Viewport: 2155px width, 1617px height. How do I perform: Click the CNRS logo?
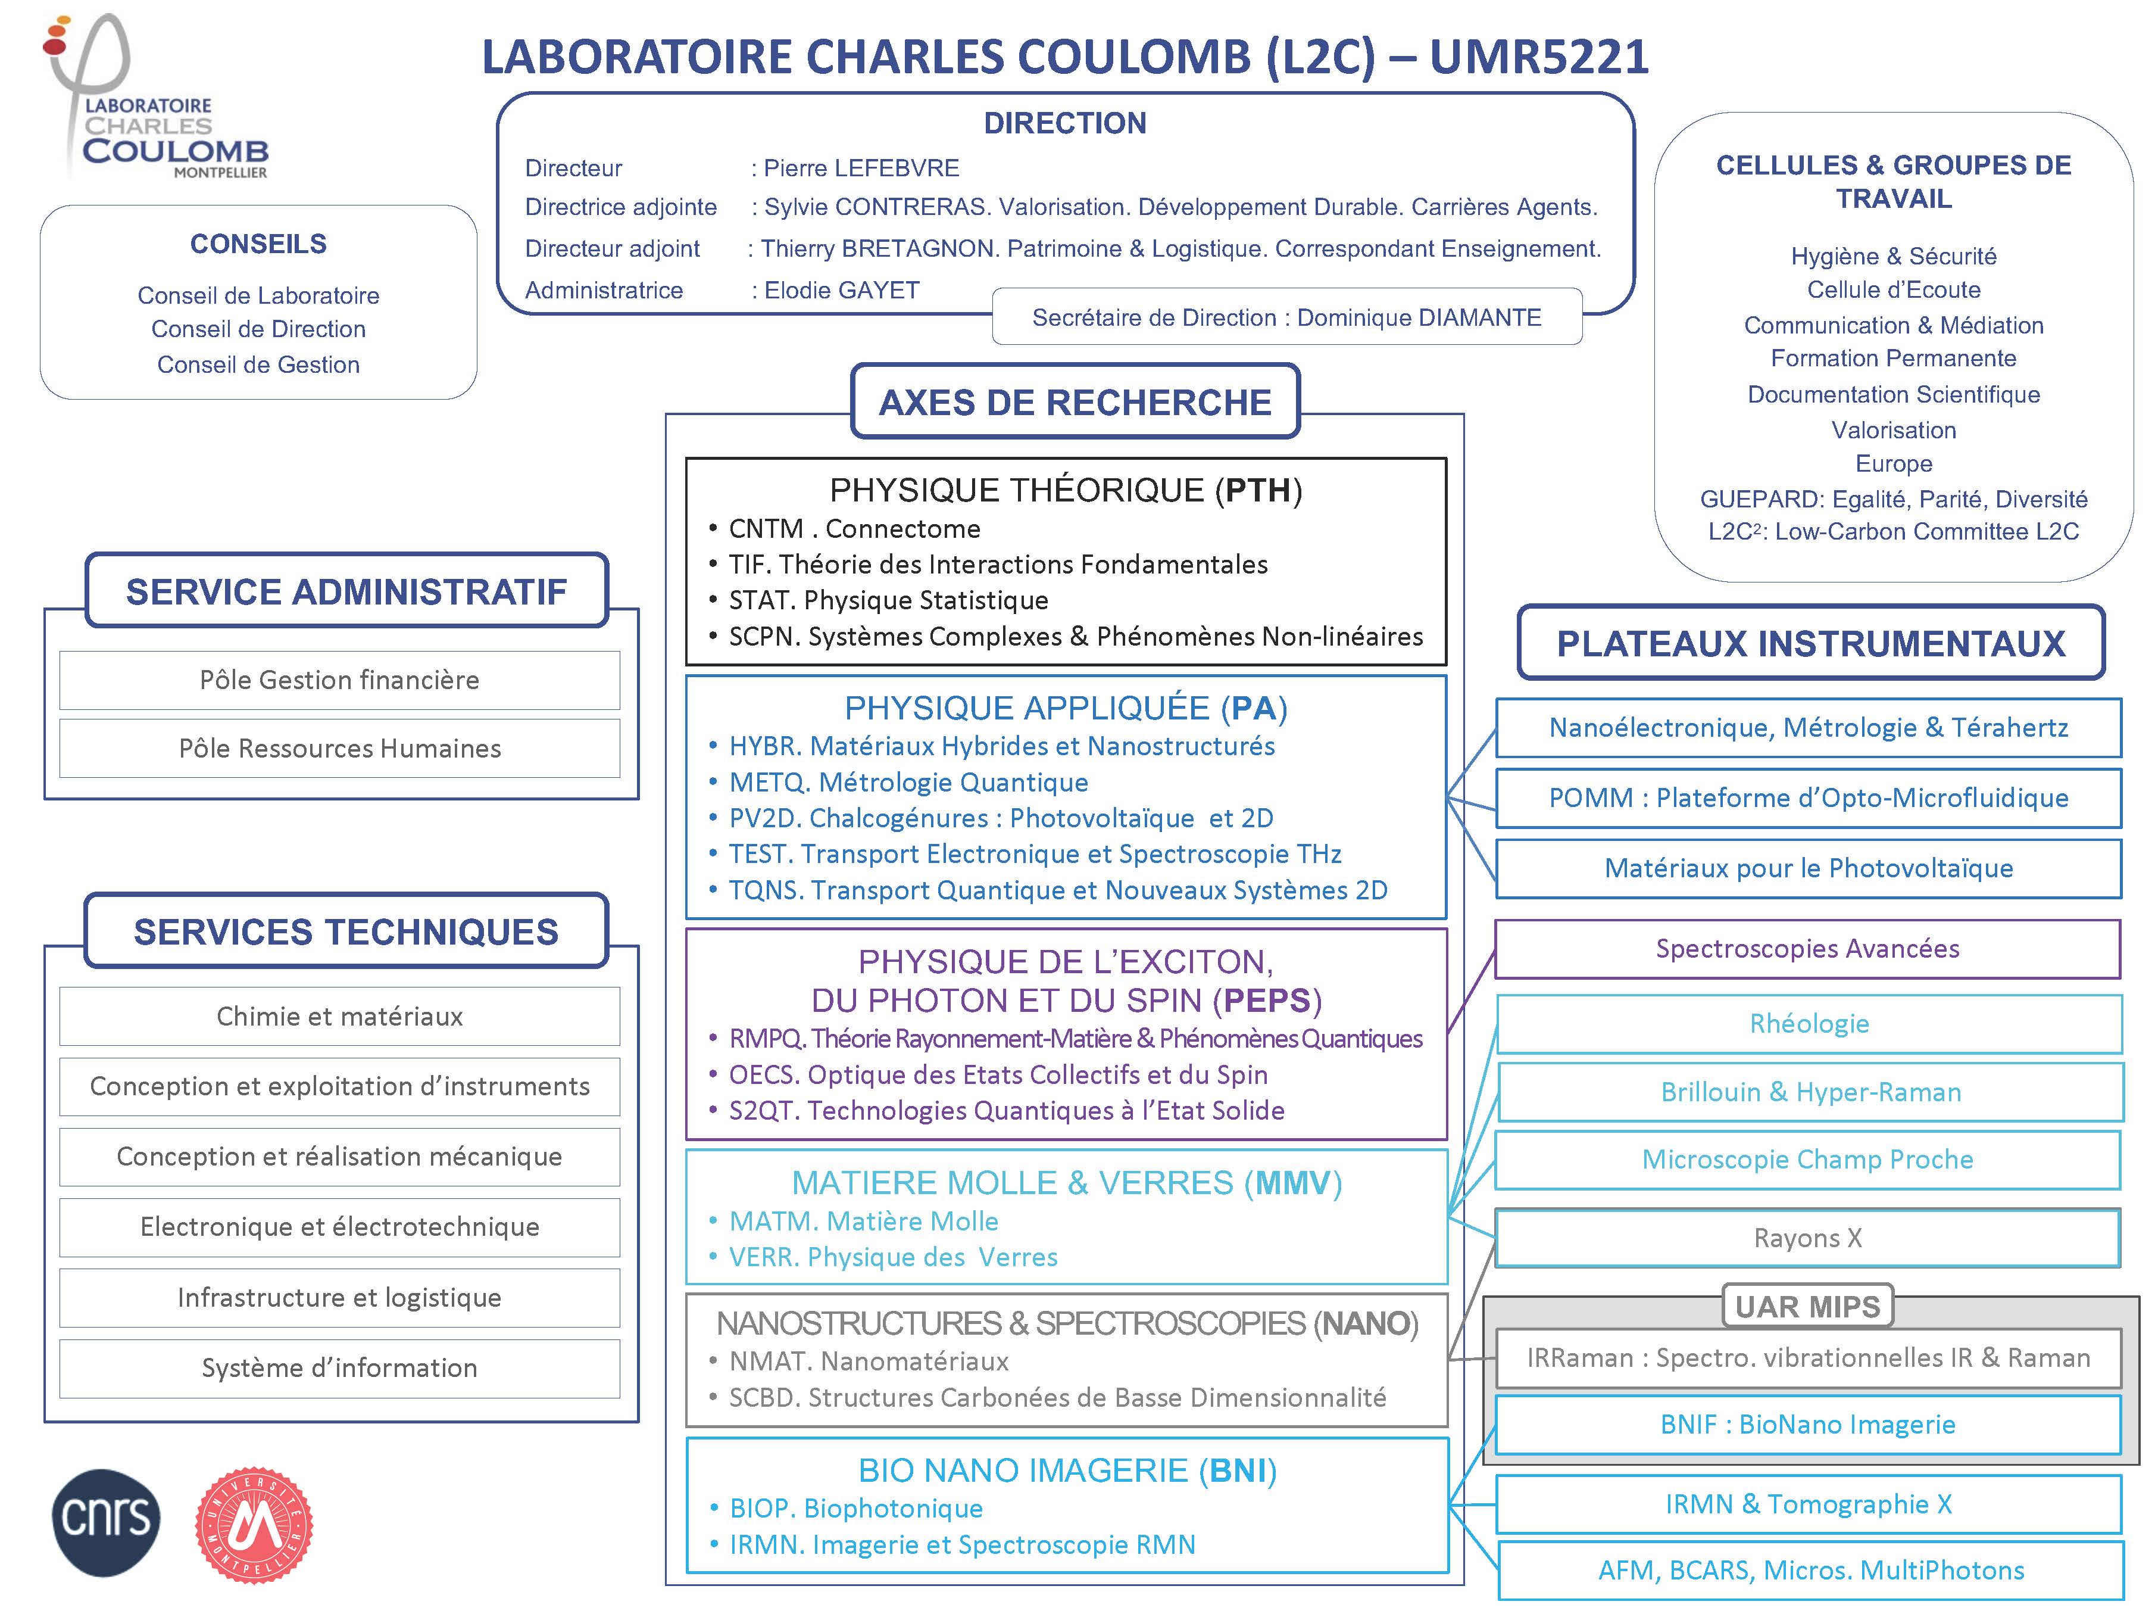105,1522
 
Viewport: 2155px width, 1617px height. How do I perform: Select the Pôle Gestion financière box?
339,680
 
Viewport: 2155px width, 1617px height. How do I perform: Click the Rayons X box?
1807,1238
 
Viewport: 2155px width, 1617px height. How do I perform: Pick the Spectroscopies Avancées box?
1807,948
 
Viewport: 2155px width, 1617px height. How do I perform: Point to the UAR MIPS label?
1807,1306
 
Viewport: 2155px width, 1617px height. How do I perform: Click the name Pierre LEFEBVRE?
861,169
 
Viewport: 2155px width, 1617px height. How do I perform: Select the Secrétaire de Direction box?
1286,318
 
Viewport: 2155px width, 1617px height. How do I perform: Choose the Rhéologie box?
1808,1023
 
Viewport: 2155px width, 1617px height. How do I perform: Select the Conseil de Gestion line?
258,364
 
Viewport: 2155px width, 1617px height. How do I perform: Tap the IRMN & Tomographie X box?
1808,1504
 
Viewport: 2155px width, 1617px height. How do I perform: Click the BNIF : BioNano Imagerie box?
1807,1424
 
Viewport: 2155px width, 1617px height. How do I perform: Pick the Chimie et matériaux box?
339,1017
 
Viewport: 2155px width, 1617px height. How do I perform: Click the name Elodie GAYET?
842,291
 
